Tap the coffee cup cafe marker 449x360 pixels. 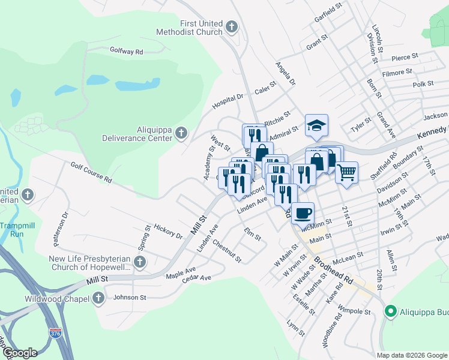point(303,212)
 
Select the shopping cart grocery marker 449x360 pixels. point(346,172)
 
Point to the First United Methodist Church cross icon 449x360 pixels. point(232,27)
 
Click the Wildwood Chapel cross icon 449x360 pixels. point(98,298)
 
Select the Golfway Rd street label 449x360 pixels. point(126,52)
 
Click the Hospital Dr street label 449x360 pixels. point(227,102)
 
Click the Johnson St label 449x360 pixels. point(130,297)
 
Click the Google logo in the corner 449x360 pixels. point(19,353)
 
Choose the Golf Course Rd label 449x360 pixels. point(91,172)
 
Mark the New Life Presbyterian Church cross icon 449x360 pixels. point(140,262)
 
